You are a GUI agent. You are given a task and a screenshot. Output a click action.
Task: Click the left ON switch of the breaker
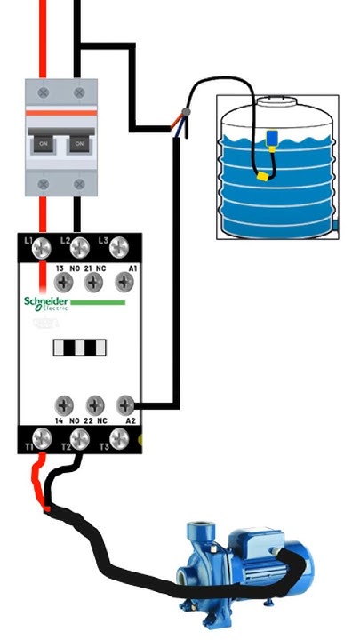tap(43, 141)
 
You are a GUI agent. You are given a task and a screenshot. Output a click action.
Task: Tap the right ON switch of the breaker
tap(78, 141)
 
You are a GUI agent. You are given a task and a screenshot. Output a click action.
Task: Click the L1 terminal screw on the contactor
tap(41, 248)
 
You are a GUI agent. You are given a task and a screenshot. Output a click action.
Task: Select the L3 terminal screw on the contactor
tap(117, 248)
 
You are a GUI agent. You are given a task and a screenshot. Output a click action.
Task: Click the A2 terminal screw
tap(125, 404)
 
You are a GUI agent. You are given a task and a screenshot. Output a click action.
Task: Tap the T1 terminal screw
tap(41, 437)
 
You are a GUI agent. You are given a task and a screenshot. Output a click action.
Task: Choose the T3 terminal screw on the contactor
tap(117, 437)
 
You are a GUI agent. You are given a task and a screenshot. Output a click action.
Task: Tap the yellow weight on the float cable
tap(262, 175)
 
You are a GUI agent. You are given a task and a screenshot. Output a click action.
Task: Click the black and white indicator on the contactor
tap(78, 347)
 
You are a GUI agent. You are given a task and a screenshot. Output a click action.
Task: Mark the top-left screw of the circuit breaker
tap(42, 91)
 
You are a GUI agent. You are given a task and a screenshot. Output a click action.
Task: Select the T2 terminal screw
tap(79, 437)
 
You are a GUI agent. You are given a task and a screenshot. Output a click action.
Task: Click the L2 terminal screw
tap(79, 248)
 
